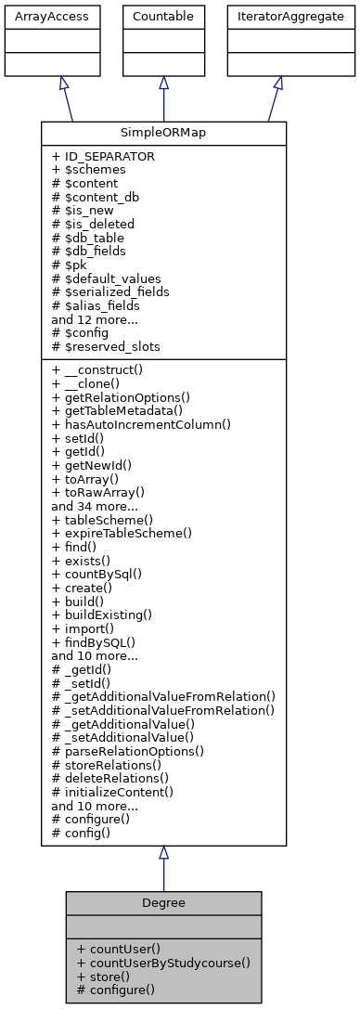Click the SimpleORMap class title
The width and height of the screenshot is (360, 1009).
pyautogui.click(x=163, y=133)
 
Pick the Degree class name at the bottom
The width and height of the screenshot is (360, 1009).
pyautogui.click(x=163, y=903)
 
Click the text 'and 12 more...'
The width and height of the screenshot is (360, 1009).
pyautogui.click(x=96, y=318)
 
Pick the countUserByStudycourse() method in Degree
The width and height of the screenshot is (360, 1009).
pyautogui.click(x=163, y=963)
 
